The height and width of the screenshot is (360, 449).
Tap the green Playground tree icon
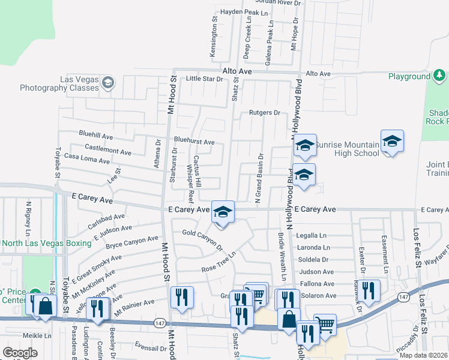[440, 76]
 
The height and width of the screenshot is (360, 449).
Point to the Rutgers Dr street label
[265, 113]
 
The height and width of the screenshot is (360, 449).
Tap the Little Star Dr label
[204, 79]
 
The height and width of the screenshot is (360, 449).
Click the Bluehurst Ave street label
[194, 142]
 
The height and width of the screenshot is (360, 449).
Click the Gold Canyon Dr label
[203, 239]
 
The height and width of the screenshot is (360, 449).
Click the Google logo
[20, 353]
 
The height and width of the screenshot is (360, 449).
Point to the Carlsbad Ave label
[106, 220]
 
